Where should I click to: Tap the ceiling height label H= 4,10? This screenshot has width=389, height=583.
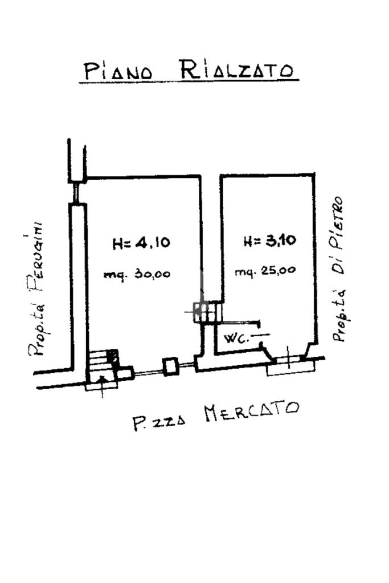pos(141,243)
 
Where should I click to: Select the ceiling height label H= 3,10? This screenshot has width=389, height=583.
pos(269,240)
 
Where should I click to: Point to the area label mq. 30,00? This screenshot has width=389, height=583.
pos(137,274)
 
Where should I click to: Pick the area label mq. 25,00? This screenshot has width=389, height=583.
pos(265,271)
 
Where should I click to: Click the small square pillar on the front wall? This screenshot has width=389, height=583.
pos(170,366)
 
